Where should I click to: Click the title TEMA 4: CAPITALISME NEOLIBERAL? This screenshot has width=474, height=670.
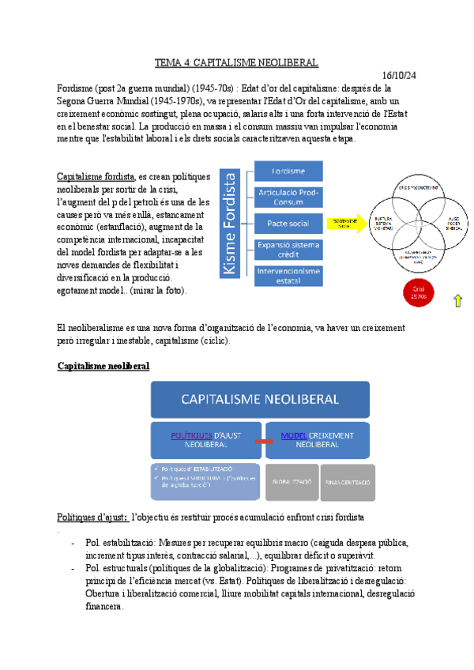(x=236, y=62)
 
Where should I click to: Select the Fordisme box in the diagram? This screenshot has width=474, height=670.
(x=288, y=171)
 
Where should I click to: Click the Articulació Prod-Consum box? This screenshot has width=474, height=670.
(x=288, y=198)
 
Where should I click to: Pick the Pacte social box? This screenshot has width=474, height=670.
(x=288, y=224)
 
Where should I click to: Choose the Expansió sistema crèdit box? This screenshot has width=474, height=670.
(x=288, y=250)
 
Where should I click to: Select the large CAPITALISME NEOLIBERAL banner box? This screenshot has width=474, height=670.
(x=260, y=399)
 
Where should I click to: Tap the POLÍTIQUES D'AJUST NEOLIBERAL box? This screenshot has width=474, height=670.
(x=205, y=439)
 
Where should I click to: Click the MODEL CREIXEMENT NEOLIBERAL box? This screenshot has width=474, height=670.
(x=315, y=439)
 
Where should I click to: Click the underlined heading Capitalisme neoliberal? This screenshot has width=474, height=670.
(x=103, y=367)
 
